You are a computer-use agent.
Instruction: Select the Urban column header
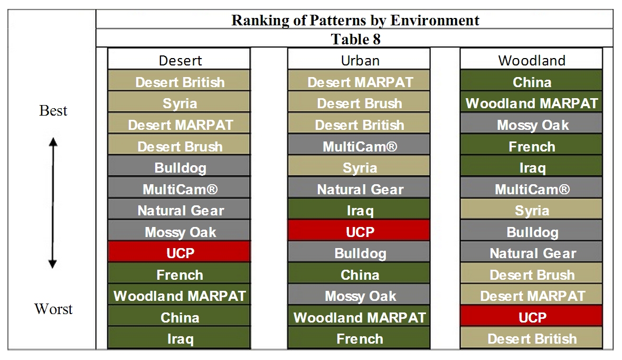(x=360, y=60)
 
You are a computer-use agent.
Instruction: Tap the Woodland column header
(x=532, y=60)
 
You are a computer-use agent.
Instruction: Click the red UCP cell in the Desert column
(x=180, y=252)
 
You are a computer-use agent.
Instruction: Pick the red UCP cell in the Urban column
(x=360, y=231)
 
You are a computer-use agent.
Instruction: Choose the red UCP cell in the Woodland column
(x=532, y=317)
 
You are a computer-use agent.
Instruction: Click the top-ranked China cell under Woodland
(x=532, y=81)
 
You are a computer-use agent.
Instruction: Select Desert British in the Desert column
(x=180, y=81)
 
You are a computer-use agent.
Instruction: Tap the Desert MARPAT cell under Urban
(x=360, y=81)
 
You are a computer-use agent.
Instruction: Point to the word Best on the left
(x=53, y=110)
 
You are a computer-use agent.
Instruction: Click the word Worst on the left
(x=53, y=308)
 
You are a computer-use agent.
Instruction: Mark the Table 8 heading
(x=355, y=39)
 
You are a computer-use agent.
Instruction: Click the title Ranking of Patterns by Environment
(x=355, y=20)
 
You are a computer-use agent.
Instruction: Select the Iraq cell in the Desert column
(x=180, y=338)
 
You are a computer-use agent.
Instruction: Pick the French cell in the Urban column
(x=360, y=338)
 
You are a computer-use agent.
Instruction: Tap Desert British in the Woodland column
(x=532, y=338)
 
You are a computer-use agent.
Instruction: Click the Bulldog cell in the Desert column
(x=180, y=167)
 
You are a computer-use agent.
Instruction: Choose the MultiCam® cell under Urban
(x=360, y=146)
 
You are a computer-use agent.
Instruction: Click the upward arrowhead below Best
(x=53, y=142)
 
